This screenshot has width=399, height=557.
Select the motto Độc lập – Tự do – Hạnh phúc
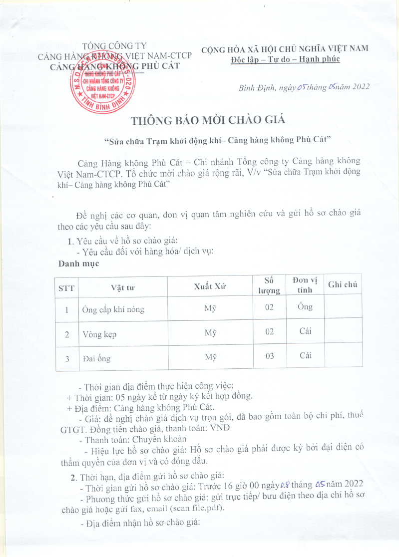285,59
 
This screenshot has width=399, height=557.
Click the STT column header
66,286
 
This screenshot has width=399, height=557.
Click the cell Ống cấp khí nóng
113,309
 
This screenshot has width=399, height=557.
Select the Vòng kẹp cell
99,334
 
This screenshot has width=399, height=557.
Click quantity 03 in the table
269,357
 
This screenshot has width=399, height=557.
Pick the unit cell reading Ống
306,306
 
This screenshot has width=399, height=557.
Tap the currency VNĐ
219,428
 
